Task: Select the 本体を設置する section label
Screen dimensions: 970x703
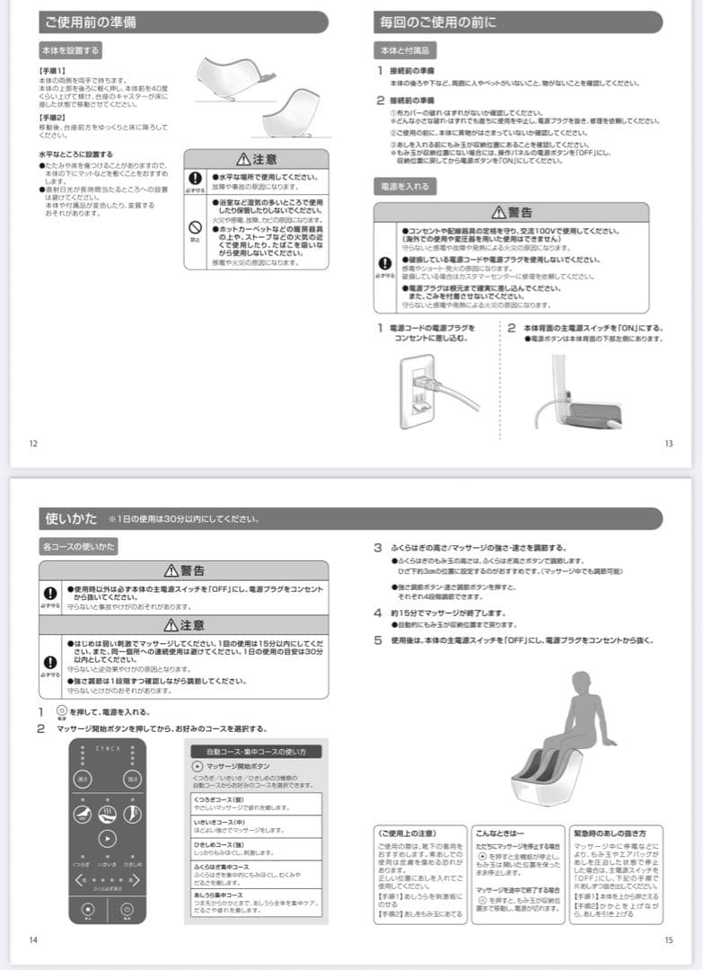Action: coord(70,50)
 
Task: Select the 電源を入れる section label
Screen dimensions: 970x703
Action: coord(406,187)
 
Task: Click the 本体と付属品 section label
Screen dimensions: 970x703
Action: coord(405,50)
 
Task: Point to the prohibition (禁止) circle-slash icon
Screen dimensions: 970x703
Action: coord(194,228)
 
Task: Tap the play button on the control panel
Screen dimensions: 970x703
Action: coord(107,838)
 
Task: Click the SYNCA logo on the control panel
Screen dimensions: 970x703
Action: coord(107,748)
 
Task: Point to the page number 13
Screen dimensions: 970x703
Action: coord(668,443)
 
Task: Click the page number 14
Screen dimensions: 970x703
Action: coord(33,939)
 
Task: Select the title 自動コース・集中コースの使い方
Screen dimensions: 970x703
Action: coord(256,751)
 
